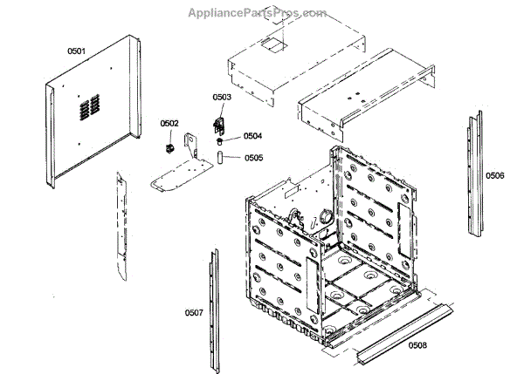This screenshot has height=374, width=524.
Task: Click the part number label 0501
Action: (77, 51)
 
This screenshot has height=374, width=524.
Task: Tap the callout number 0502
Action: (169, 124)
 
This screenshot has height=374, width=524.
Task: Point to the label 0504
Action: (252, 136)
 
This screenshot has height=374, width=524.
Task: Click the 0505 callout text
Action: (253, 158)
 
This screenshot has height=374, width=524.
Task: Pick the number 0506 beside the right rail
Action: (495, 176)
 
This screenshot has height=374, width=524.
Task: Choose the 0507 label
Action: (193, 312)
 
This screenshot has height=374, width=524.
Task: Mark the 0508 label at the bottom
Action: (417, 345)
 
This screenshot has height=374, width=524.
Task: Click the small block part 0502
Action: (170, 146)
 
